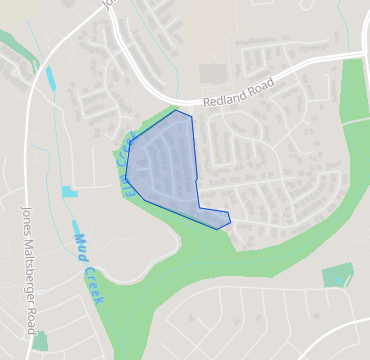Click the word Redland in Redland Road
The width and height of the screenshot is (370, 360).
[223, 101]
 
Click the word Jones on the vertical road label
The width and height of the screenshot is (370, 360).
[26, 220]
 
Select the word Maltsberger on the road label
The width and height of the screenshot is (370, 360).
[27, 267]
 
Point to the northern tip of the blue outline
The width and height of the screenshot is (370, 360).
[177, 111]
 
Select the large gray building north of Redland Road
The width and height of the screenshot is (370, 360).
[213, 74]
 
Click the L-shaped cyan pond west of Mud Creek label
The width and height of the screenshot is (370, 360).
[68, 191]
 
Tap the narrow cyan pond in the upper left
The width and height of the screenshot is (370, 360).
[51, 79]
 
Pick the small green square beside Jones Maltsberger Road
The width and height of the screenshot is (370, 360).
[40, 340]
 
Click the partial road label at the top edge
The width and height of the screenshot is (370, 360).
[109, 5]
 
